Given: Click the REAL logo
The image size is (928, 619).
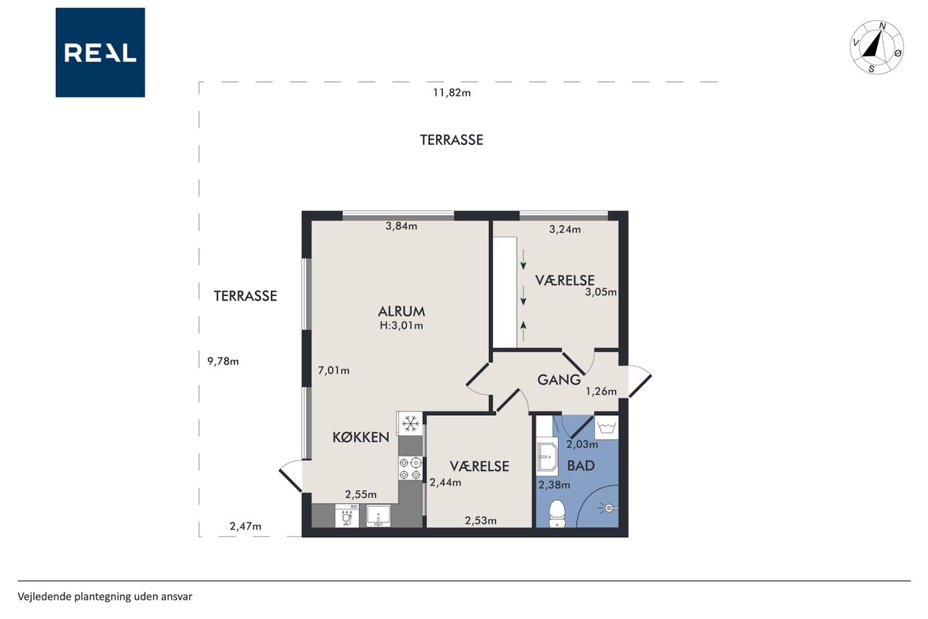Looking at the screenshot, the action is click(100, 52).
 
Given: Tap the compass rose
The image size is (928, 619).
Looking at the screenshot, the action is click(877, 47).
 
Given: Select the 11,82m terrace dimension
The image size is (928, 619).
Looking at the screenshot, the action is click(452, 92).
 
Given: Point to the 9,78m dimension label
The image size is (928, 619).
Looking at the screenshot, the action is click(223, 361).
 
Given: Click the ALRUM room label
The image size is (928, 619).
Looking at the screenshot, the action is click(402, 311).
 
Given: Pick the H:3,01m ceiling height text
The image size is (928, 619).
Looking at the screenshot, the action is click(402, 325).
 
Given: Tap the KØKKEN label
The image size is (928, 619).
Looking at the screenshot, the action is click(361, 437).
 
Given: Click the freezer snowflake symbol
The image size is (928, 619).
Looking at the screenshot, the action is click(410, 424).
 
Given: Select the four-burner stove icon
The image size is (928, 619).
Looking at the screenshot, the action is click(410, 468).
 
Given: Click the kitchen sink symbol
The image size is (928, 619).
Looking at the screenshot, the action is click(378, 516).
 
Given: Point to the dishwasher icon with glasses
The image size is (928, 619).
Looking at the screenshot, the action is click(347, 516).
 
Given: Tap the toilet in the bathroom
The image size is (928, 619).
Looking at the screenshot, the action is click(557, 514).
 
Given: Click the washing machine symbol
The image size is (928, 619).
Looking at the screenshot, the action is click(607, 427).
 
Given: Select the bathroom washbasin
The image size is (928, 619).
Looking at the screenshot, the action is click(547, 457).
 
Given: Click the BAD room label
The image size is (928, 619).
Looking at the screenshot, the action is click(581, 466).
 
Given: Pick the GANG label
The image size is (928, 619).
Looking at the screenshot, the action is click(559, 380).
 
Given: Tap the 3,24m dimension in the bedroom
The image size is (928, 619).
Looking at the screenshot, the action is click(565, 229).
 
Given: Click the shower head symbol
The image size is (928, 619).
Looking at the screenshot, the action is click(608, 508).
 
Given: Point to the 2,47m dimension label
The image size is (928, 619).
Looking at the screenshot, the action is click(246, 526).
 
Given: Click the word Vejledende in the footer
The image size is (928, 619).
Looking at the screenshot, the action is click(44, 597).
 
